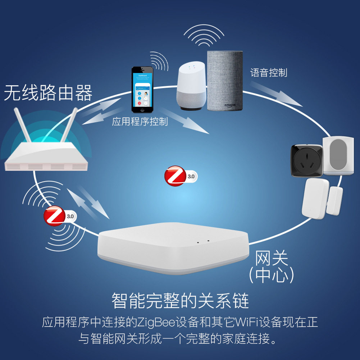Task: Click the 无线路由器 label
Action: pyautogui.click(x=48, y=93)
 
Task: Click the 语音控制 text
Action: pyautogui.click(x=269, y=73)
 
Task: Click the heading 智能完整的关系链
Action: pyautogui.click(x=180, y=300)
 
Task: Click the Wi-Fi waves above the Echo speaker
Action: pyautogui.click(x=204, y=36)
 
